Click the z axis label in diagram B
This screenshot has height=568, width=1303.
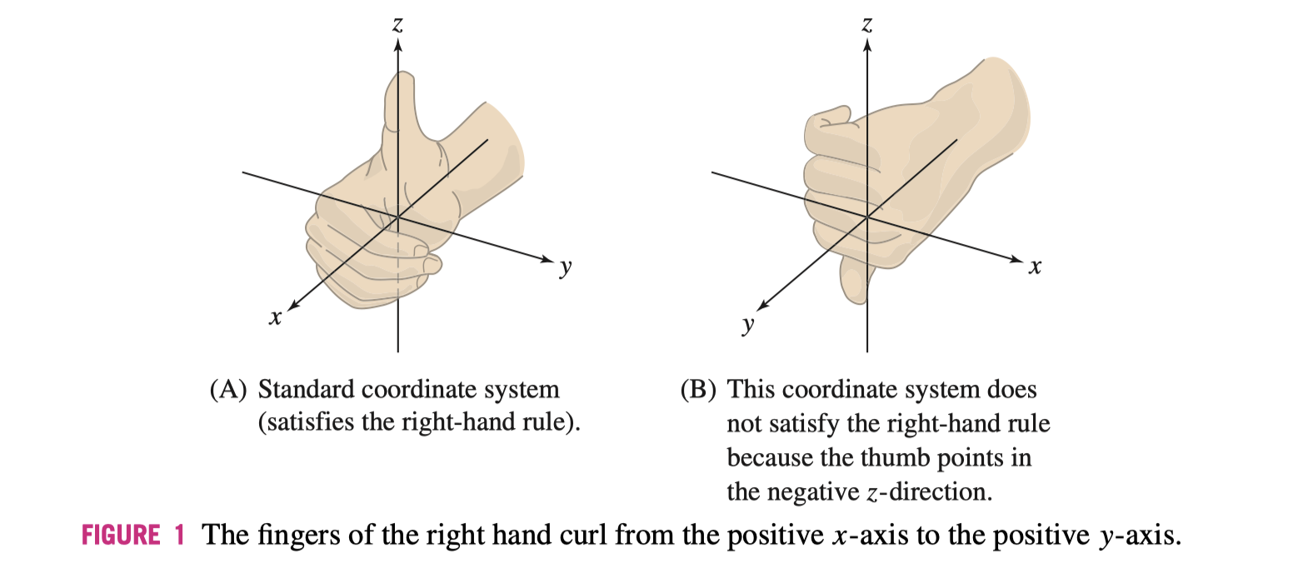[867, 26]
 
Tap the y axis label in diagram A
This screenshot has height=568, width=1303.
[567, 267]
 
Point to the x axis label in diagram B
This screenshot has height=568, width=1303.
[1035, 267]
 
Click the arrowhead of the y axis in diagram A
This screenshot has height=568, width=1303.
[547, 257]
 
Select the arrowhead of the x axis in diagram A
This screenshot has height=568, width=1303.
[292, 304]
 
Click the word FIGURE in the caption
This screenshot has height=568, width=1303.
[120, 534]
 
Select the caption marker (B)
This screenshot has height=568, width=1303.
[696, 390]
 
